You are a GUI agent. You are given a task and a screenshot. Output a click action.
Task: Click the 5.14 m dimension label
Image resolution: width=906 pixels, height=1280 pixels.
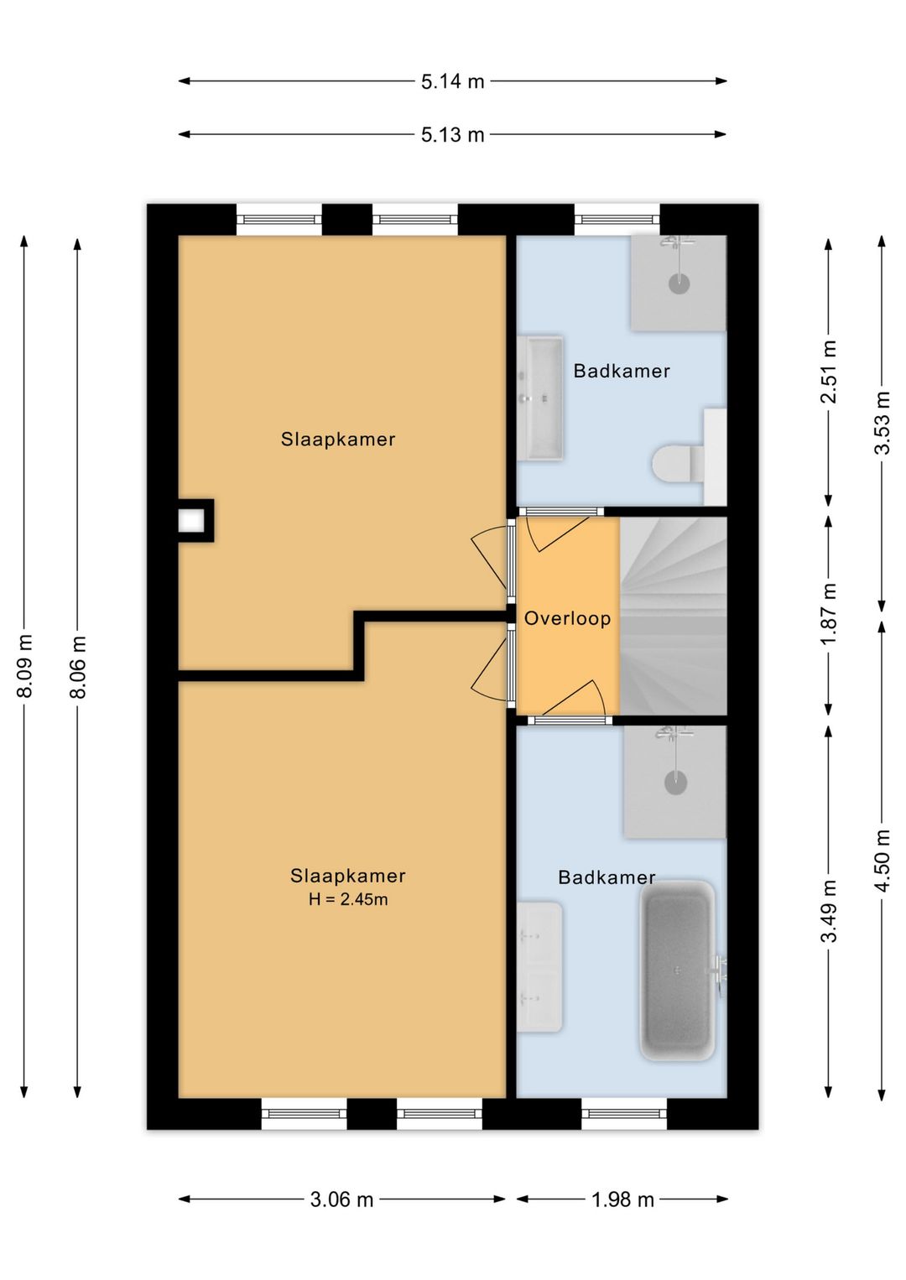tap(453, 81)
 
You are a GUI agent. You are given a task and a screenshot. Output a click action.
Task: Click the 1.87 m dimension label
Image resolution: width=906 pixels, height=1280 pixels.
tap(829, 614)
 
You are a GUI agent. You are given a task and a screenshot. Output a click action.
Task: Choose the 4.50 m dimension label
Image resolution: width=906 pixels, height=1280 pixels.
tap(883, 861)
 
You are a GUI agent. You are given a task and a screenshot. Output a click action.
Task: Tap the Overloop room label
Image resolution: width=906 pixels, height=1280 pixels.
tap(567, 618)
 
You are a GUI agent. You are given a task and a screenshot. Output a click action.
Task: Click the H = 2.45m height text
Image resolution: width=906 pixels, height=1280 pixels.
tap(348, 899)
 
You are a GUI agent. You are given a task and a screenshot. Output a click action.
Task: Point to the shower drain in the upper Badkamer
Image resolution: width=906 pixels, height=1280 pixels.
tap(679, 284)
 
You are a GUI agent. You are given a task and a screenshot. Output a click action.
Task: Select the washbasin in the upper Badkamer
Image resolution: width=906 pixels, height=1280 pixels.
tap(539, 398)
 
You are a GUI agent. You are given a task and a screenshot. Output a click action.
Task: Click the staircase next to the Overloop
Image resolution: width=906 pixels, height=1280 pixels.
tap(673, 616)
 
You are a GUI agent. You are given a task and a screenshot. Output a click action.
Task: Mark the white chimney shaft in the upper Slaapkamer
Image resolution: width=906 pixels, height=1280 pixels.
tap(191, 521)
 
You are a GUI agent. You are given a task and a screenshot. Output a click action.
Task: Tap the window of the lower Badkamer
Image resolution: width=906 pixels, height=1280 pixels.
tap(624, 1113)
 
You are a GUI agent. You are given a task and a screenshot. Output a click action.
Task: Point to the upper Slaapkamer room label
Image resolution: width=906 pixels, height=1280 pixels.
tap(338, 440)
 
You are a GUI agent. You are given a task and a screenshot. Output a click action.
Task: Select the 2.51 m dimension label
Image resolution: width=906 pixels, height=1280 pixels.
tap(829, 372)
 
